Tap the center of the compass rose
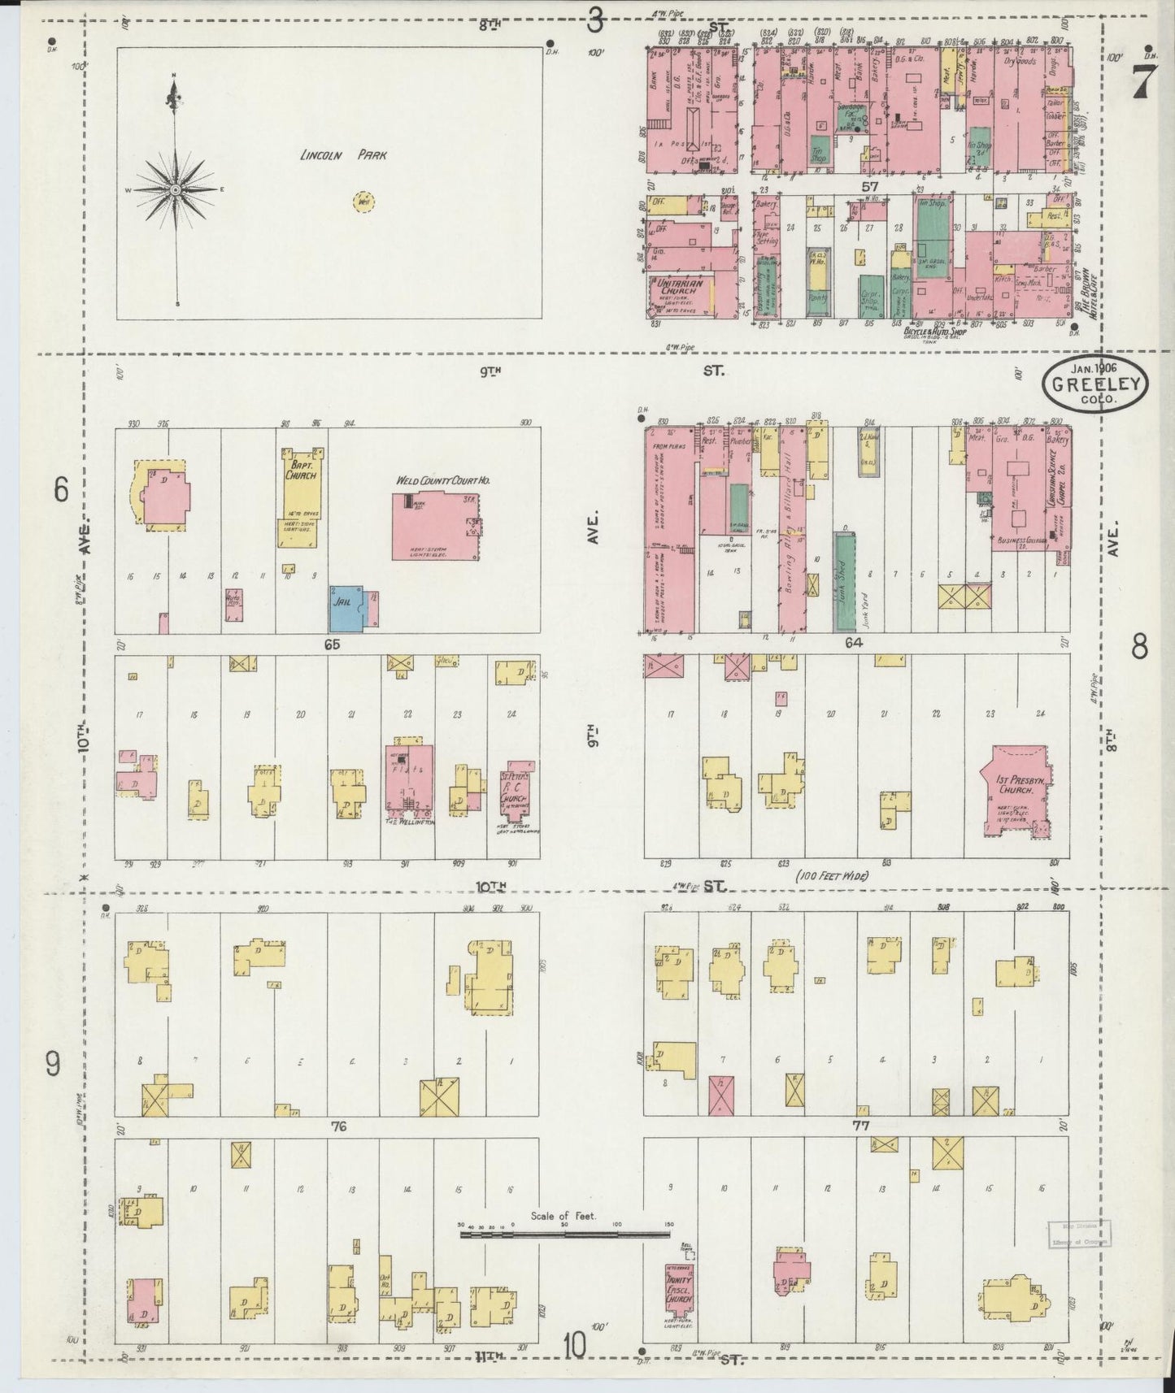pos(175,189)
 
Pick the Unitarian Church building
pos(681,297)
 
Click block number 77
pos(855,1126)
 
